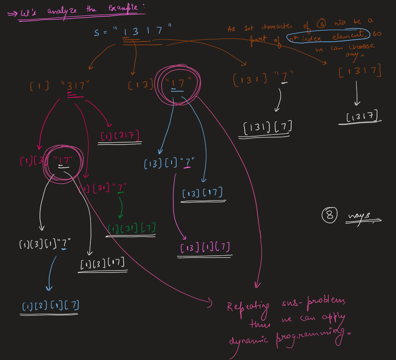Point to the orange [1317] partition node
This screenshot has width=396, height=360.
360,71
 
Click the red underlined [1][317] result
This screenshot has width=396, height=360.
121,135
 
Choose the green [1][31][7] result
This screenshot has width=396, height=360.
131,228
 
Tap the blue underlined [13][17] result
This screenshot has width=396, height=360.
203,193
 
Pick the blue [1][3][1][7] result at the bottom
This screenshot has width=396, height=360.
51,306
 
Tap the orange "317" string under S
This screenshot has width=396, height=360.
75,85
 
